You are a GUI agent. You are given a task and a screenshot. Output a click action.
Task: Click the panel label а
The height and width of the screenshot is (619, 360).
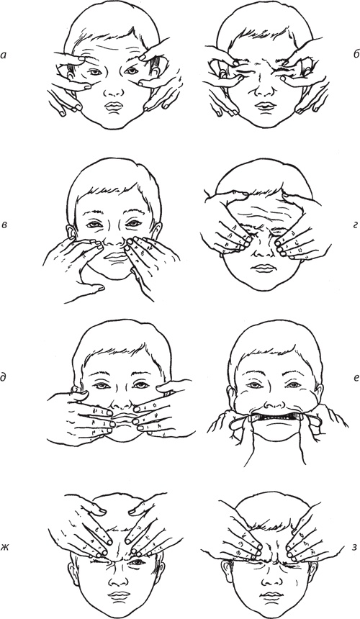[x=4, y=56]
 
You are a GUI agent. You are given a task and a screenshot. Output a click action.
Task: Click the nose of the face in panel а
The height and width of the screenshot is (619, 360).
[x=114, y=90]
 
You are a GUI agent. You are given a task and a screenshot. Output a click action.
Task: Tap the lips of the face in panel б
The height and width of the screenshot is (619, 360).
[x=264, y=106]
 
